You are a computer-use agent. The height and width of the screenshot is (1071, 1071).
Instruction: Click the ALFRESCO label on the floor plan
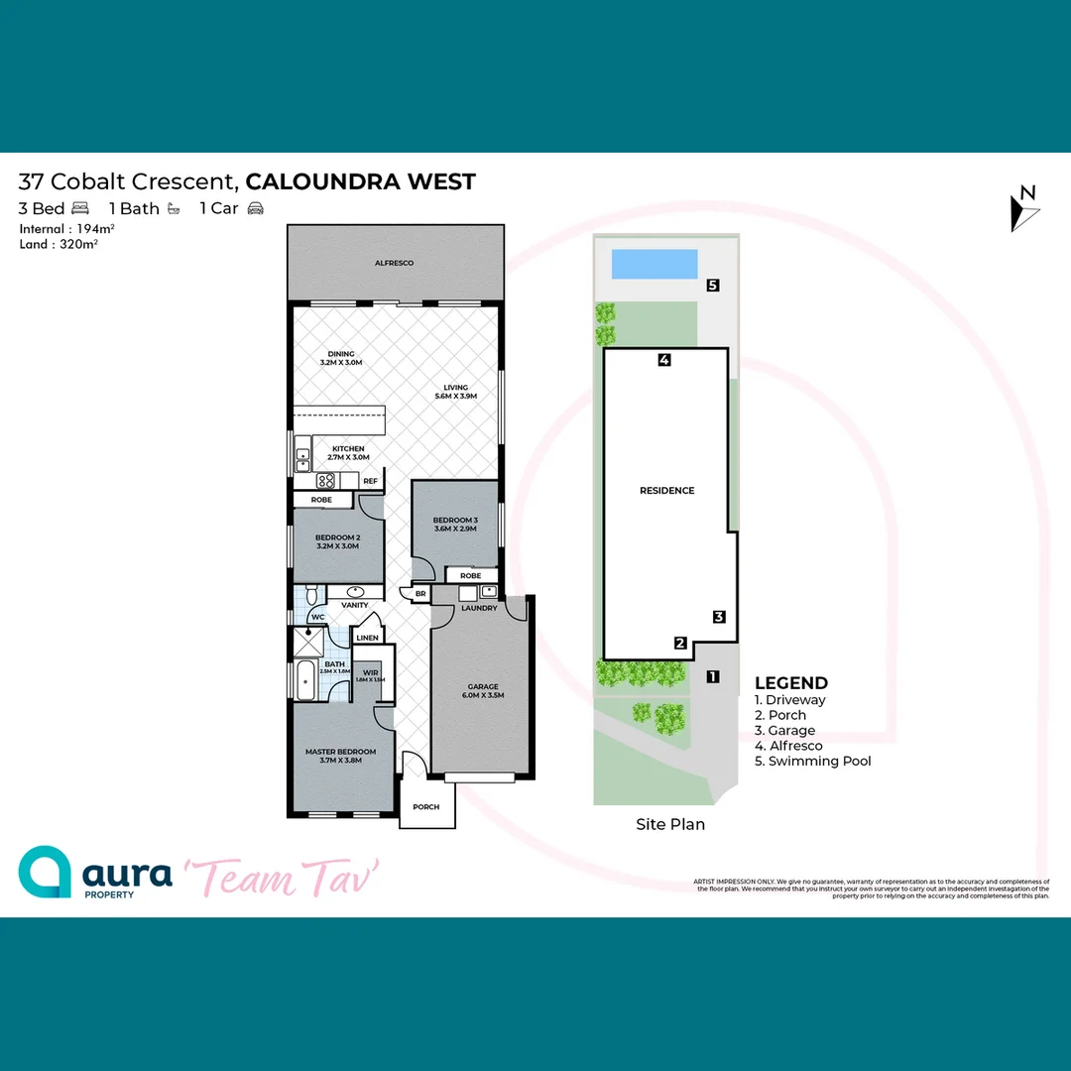pyautogui.click(x=394, y=263)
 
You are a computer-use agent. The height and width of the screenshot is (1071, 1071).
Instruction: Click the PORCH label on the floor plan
pyautogui.click(x=426, y=807)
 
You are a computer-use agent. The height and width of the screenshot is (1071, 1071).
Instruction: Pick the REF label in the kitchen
pyautogui.click(x=370, y=481)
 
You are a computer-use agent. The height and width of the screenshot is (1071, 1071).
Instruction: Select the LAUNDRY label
pyautogui.click(x=479, y=608)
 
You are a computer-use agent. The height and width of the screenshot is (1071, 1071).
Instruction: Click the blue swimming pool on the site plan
pyautogui.click(x=654, y=264)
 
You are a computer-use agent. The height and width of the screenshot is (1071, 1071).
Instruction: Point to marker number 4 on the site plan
pyautogui.click(x=664, y=360)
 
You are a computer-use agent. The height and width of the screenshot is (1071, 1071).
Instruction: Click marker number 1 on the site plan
pyautogui.click(x=712, y=677)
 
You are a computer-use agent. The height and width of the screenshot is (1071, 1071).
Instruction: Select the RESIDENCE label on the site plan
pyautogui.click(x=666, y=491)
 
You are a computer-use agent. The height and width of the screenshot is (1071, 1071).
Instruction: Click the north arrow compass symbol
pyautogui.click(x=1024, y=209)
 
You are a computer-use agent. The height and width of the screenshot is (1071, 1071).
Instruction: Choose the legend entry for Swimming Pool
pyautogui.click(x=819, y=761)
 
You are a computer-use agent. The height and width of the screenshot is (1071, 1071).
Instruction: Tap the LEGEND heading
pyautogui.click(x=791, y=682)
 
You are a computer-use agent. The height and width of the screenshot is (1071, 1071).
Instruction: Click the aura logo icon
pyautogui.click(x=46, y=872)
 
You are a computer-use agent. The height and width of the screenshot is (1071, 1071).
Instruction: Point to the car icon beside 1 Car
pyautogui.click(x=256, y=208)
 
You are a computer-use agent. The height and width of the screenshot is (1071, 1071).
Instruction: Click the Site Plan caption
pyautogui.click(x=670, y=824)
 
